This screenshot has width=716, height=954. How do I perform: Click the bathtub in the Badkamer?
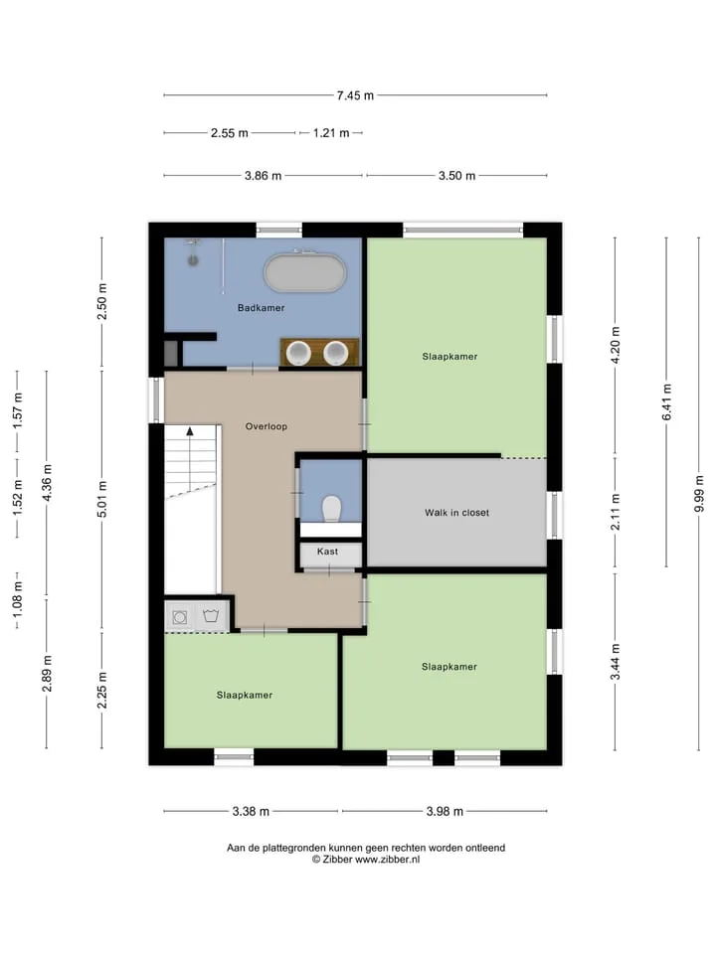click(305, 273)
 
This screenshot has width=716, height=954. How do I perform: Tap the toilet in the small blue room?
click(332, 509)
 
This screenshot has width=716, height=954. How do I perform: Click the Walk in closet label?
click(456, 513)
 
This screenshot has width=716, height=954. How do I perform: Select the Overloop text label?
click(267, 426)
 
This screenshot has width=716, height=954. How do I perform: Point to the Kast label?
click(327, 552)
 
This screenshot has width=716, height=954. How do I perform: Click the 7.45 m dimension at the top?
click(355, 95)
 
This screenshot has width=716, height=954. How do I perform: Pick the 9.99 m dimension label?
click(699, 494)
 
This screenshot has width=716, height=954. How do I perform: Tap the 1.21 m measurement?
click(331, 132)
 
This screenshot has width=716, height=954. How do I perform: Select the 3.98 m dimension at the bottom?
click(445, 811)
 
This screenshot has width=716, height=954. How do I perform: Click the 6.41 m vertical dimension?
click(666, 402)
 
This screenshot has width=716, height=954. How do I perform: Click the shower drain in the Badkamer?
click(194, 261)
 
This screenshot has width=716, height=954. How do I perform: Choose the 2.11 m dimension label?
click(616, 512)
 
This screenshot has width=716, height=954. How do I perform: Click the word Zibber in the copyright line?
click(337, 860)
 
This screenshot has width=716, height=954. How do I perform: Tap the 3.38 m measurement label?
click(251, 811)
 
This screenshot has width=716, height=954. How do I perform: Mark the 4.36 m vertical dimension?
click(47, 483)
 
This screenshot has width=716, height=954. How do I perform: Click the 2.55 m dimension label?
click(230, 132)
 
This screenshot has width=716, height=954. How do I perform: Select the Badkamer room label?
click(262, 308)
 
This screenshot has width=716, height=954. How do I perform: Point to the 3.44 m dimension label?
click(616, 662)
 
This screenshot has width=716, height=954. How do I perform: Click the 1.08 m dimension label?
click(18, 599)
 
